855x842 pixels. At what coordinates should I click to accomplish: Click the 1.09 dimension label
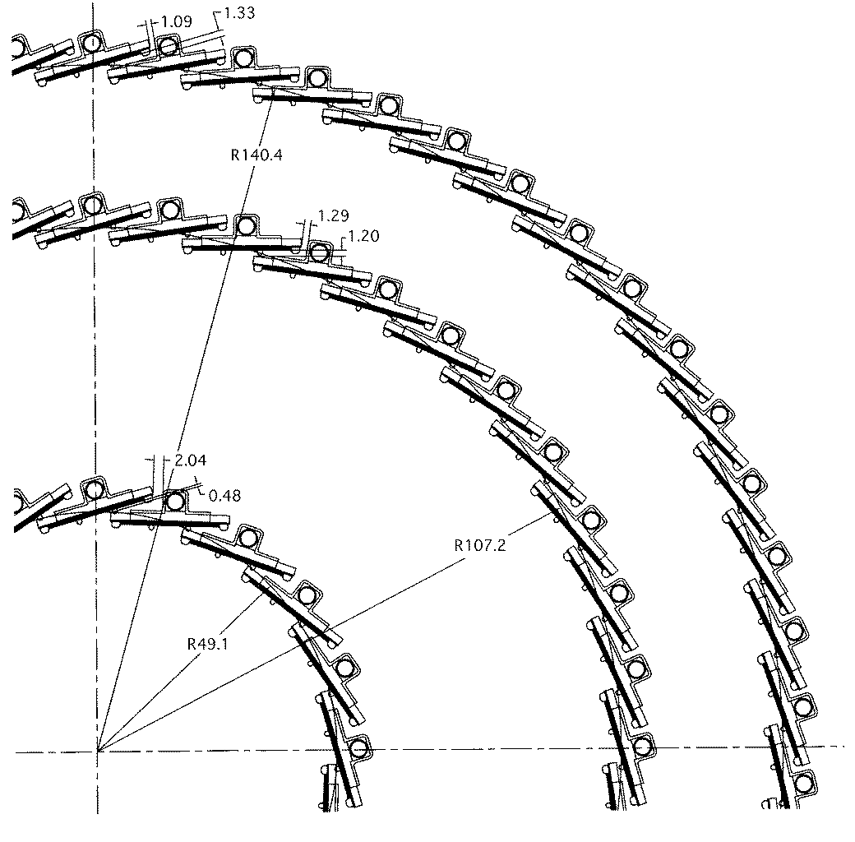[177, 22]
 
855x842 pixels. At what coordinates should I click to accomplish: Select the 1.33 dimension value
[239, 12]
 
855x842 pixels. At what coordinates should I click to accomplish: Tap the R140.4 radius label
[256, 155]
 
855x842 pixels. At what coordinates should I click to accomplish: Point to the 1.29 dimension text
[333, 215]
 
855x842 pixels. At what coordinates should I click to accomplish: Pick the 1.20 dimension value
[363, 236]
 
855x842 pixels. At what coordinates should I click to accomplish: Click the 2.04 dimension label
[190, 460]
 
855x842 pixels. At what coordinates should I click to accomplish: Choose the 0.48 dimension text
[224, 496]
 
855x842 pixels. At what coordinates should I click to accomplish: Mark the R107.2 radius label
[480, 545]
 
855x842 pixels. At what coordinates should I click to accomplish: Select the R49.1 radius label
[208, 644]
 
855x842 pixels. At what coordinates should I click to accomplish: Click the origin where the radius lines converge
[98, 752]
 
